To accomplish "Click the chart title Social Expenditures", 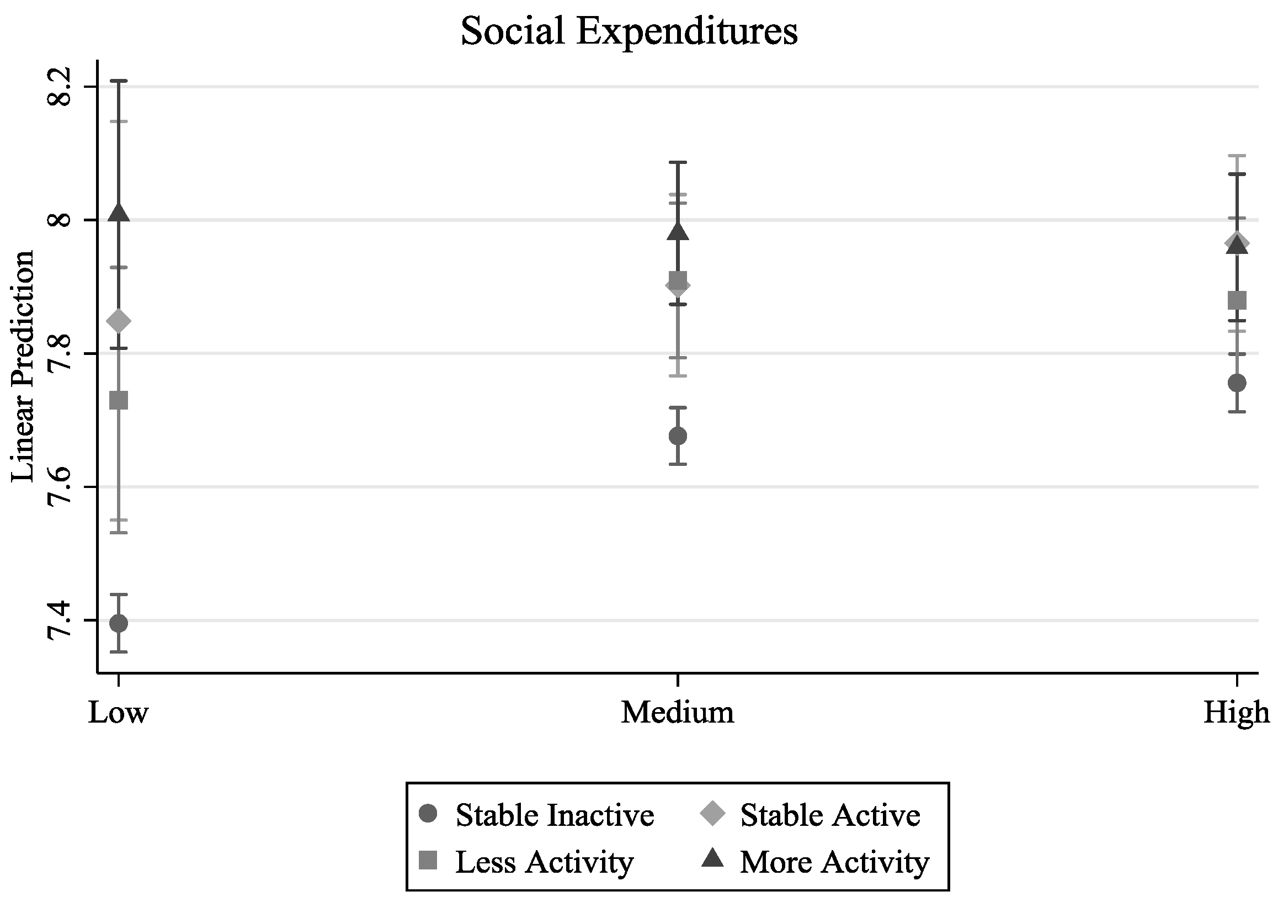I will pyautogui.click(x=629, y=31).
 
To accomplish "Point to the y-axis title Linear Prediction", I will pyautogui.click(x=23, y=366).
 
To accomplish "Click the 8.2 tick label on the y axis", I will pyautogui.click(x=59, y=87).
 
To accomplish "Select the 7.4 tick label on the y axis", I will pyautogui.click(x=59, y=620).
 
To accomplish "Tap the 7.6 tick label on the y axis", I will pyautogui.click(x=59, y=487).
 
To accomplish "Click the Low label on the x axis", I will pyautogui.click(x=119, y=713).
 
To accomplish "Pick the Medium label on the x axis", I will pyautogui.click(x=678, y=713).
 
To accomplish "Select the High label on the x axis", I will pyautogui.click(x=1236, y=713).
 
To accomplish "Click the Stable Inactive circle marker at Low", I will pyautogui.click(x=119, y=623).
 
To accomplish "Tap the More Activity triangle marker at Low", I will pyautogui.click(x=119, y=214).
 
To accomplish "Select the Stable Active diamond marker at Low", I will pyautogui.click(x=119, y=321).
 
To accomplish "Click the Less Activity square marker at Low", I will pyautogui.click(x=119, y=400).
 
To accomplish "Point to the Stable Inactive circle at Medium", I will pyautogui.click(x=678, y=436).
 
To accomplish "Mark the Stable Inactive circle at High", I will pyautogui.click(x=1236, y=383).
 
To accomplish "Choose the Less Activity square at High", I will pyautogui.click(x=1236, y=301).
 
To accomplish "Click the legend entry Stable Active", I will pyautogui.click(x=830, y=816).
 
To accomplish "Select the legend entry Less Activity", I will pyautogui.click(x=545, y=862).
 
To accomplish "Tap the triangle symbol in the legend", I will pyautogui.click(x=712, y=860).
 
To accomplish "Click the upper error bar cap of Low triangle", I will pyautogui.click(x=119, y=81).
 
